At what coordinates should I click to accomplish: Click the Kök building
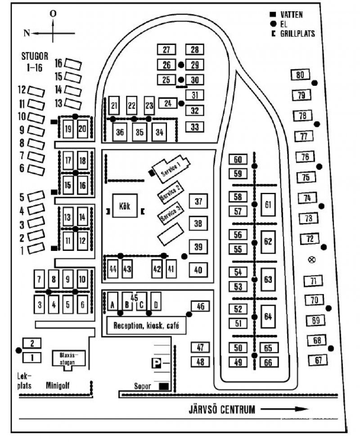click(x=125, y=206)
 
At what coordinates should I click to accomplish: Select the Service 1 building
click(x=171, y=166)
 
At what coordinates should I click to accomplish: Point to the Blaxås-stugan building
click(x=69, y=358)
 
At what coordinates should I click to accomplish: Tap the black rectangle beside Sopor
click(x=164, y=386)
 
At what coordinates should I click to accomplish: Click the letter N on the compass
click(x=27, y=33)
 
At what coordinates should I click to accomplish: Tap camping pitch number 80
click(x=300, y=75)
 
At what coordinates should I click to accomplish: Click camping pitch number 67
click(x=319, y=360)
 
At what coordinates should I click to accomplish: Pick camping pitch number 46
click(x=200, y=307)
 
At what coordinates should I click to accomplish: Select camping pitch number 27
click(x=166, y=50)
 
